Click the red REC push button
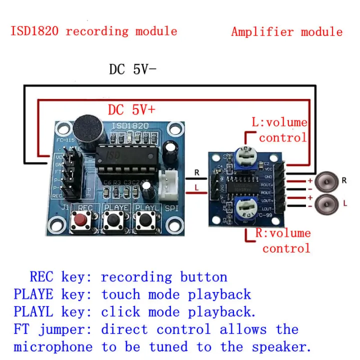pyautogui.click(x=79, y=218)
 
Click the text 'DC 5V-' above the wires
pyautogui.click(x=132, y=69)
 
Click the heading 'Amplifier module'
pyautogui.click(x=286, y=32)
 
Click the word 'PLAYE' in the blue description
pyautogui.click(x=33, y=294)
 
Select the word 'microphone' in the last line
pyautogui.click(x=53, y=347)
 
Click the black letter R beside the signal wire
pyautogui.click(x=197, y=172)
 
